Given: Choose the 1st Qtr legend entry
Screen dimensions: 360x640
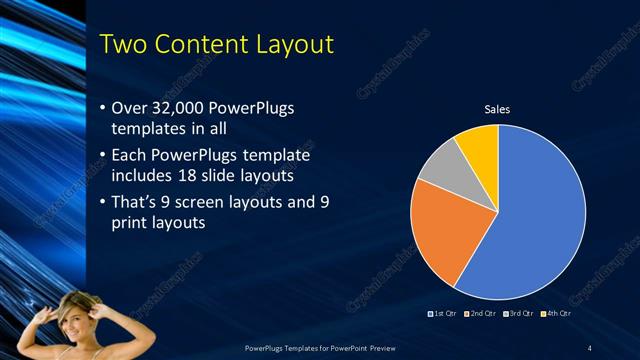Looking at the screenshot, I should pos(442,316).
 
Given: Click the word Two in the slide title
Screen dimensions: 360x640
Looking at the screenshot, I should pos(128,44).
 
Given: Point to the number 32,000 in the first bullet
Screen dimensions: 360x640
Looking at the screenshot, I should pos(189,107).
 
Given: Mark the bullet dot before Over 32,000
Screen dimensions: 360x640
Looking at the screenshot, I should pos(104,108).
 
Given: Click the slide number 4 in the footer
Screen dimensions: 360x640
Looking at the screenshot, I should pos(589,347).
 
